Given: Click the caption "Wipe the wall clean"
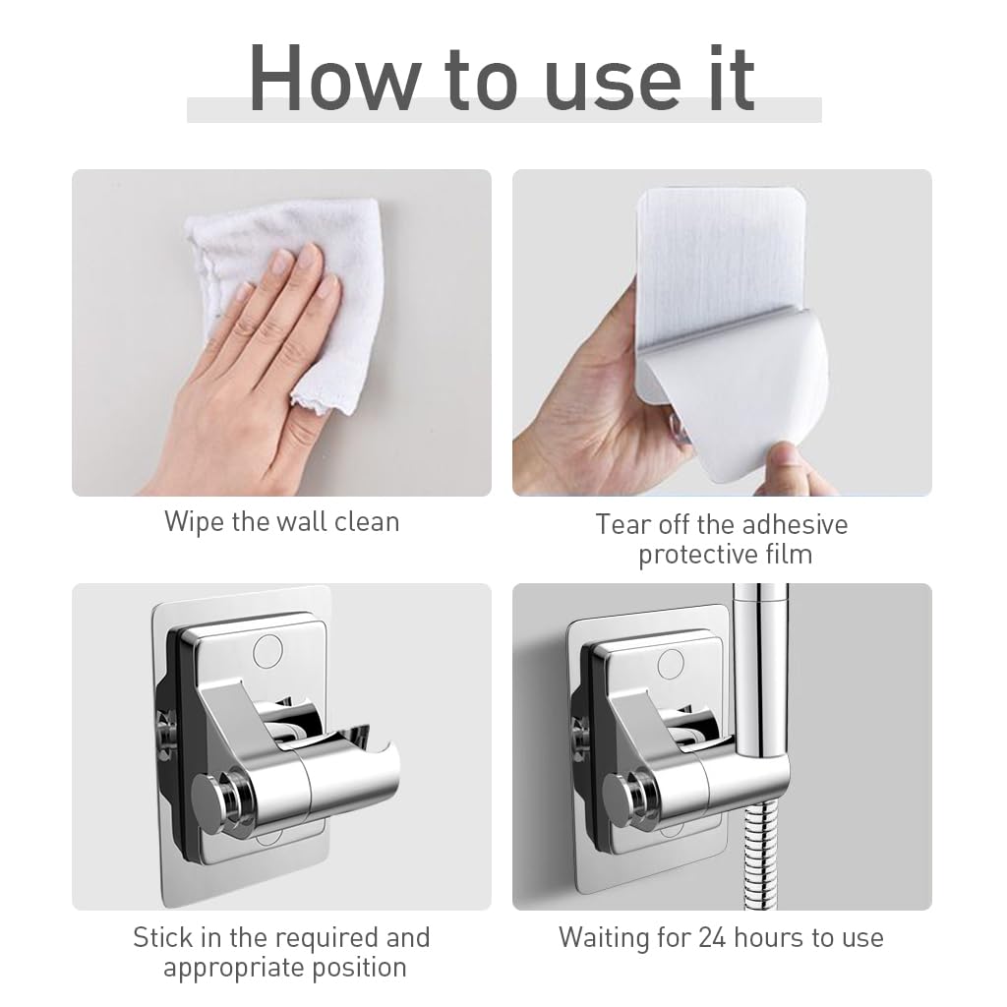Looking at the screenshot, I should pyautogui.click(x=281, y=521).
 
